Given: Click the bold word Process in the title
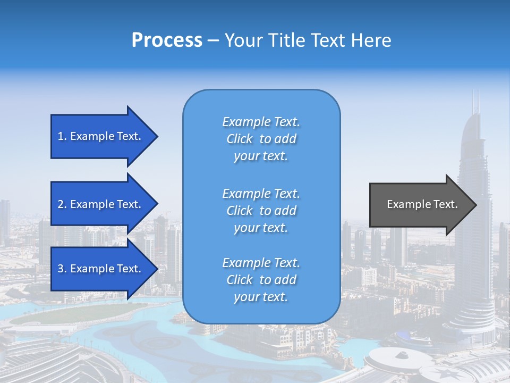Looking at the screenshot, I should pos(167,40).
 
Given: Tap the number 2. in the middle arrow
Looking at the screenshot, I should pos(62,204).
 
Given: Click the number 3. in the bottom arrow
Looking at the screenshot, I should pos(62,269).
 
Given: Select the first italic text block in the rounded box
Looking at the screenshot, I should pos(261,139).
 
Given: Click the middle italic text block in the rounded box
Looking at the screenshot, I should pos(261,211).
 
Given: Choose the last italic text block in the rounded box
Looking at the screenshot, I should pos(261,280).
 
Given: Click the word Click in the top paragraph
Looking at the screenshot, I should pos(240,139).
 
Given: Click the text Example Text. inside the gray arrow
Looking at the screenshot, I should pos(422,204).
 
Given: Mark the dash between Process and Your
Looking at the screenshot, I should pos(213,40).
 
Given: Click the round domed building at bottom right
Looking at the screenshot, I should pos(390,362).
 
